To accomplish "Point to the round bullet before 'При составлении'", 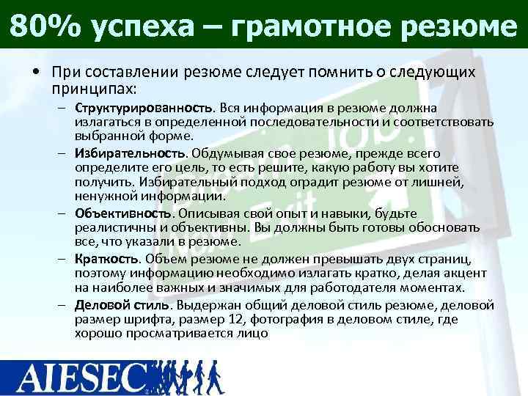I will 35,74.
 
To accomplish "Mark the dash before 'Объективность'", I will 64,213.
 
